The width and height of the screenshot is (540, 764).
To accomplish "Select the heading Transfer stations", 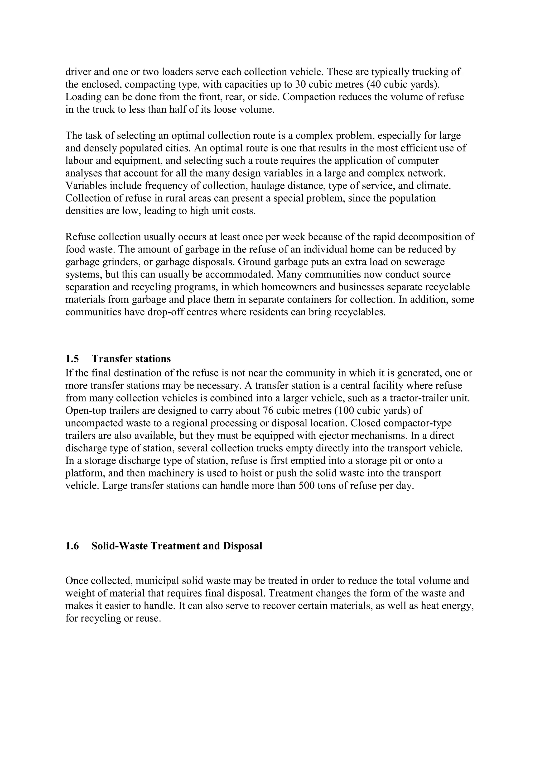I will coord(131,359).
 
